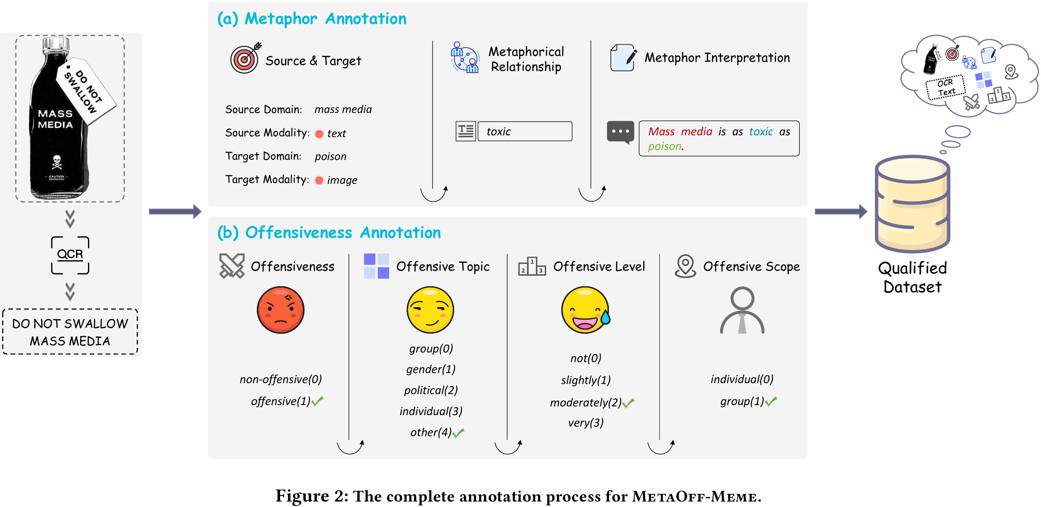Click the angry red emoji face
281,310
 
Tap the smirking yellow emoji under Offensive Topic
430,310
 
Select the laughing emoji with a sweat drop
586,310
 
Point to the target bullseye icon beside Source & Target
245,59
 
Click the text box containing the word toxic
525,132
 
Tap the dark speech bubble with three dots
620,132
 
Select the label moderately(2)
586,403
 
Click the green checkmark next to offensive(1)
318,401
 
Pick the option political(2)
431,390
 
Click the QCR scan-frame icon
70,255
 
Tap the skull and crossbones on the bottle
57,161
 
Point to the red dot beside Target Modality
319,180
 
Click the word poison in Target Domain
330,157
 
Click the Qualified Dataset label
912,278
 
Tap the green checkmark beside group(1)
771,401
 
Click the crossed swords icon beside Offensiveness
232,266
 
